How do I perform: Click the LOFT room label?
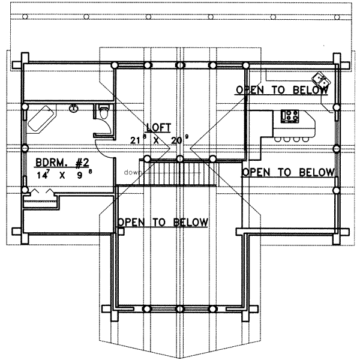click(x=158, y=128)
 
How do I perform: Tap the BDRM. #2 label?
click(x=62, y=163)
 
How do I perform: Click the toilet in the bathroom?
click(x=104, y=112)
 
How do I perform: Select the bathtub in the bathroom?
click(x=41, y=118)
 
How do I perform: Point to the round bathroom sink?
click(x=74, y=108)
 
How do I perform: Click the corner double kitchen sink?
click(x=321, y=79)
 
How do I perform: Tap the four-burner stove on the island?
click(x=290, y=116)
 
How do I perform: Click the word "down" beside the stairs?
click(x=132, y=172)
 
